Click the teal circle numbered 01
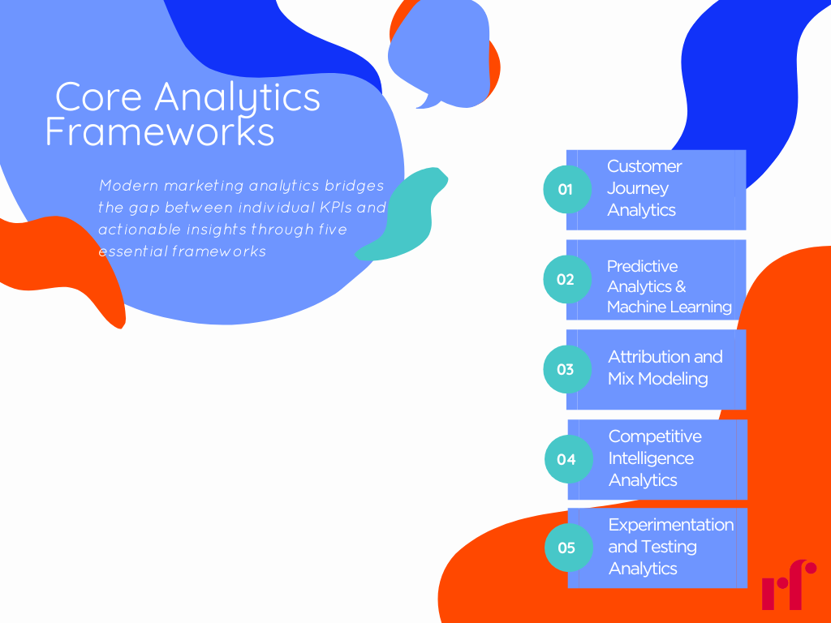point(566,189)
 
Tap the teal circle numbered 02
point(566,279)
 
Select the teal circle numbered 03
point(566,369)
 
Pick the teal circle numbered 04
point(567,459)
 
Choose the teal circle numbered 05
point(567,548)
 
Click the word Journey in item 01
point(638,188)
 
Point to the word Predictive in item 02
point(642,266)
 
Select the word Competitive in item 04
point(655,436)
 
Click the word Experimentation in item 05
point(671,525)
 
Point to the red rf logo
point(788,584)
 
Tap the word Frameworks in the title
point(160,132)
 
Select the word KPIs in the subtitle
point(334,208)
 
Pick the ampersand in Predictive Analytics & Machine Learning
point(680,287)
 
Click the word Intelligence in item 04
point(651,458)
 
